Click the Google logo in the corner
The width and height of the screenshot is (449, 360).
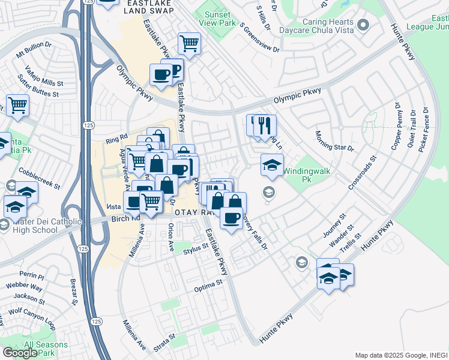coord(19,353)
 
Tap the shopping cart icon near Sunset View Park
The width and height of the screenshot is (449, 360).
coord(189,44)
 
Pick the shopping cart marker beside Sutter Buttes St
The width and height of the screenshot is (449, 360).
coord(18,105)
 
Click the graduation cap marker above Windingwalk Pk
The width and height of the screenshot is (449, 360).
coord(272,165)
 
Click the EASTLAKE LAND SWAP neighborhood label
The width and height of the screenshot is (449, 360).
coord(148,7)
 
